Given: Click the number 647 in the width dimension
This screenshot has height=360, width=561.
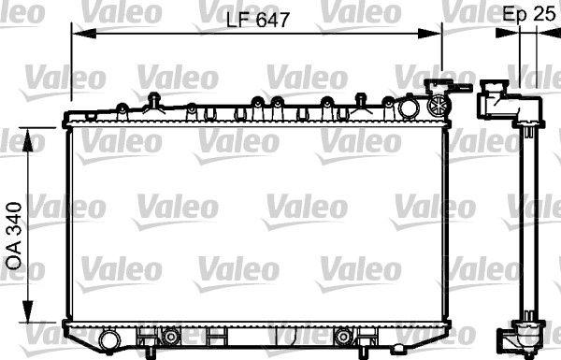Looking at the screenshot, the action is [272, 20].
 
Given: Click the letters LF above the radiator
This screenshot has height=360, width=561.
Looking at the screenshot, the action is [238, 20].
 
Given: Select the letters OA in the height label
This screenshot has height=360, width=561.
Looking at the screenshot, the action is [15, 258].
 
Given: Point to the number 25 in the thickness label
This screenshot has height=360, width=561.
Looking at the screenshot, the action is [543, 14].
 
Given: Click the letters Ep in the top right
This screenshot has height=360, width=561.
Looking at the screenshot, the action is [514, 15].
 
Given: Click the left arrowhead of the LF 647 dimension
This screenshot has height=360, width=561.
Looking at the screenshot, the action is [84, 34].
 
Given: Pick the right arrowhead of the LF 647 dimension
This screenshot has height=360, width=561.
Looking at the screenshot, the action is [430, 34].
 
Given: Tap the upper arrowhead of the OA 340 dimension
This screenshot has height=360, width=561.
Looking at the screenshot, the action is [28, 139].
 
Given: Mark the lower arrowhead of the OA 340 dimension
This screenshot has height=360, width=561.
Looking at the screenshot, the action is [28, 310].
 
